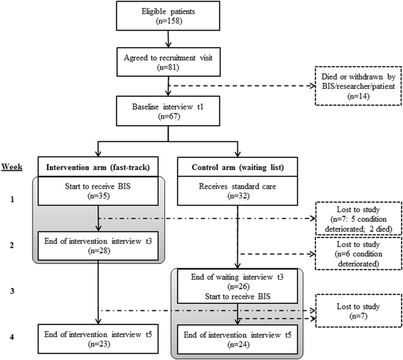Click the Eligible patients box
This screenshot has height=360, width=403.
pos(168,16)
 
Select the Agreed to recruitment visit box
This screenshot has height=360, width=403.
pos(168,62)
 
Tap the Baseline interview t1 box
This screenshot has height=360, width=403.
pos(168,111)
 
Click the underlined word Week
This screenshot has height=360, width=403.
pos(12,166)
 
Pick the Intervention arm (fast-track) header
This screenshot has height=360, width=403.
pos(98,167)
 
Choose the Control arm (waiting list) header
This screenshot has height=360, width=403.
pos(237,167)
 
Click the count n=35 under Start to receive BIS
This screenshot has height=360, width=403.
pos(98,196)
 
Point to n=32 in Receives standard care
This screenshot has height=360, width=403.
pos(238,196)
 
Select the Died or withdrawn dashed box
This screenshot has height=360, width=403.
pos(358,86)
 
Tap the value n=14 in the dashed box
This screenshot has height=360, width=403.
pos(358,96)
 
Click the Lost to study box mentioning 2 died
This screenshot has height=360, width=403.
pos(358,218)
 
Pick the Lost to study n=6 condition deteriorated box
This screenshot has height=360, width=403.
pos(358,254)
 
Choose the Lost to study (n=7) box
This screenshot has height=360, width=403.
pos(358,311)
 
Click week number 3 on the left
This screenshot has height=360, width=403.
pos(12,291)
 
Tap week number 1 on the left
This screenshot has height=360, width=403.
pos(12,199)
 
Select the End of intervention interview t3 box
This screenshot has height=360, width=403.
pos(98,245)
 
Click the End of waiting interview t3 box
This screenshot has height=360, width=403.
pos(237,286)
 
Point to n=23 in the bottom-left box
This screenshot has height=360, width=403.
pos(99,344)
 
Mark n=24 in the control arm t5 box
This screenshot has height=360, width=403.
pos(238,344)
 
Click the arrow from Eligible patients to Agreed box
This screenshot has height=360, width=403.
pos(168,39)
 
